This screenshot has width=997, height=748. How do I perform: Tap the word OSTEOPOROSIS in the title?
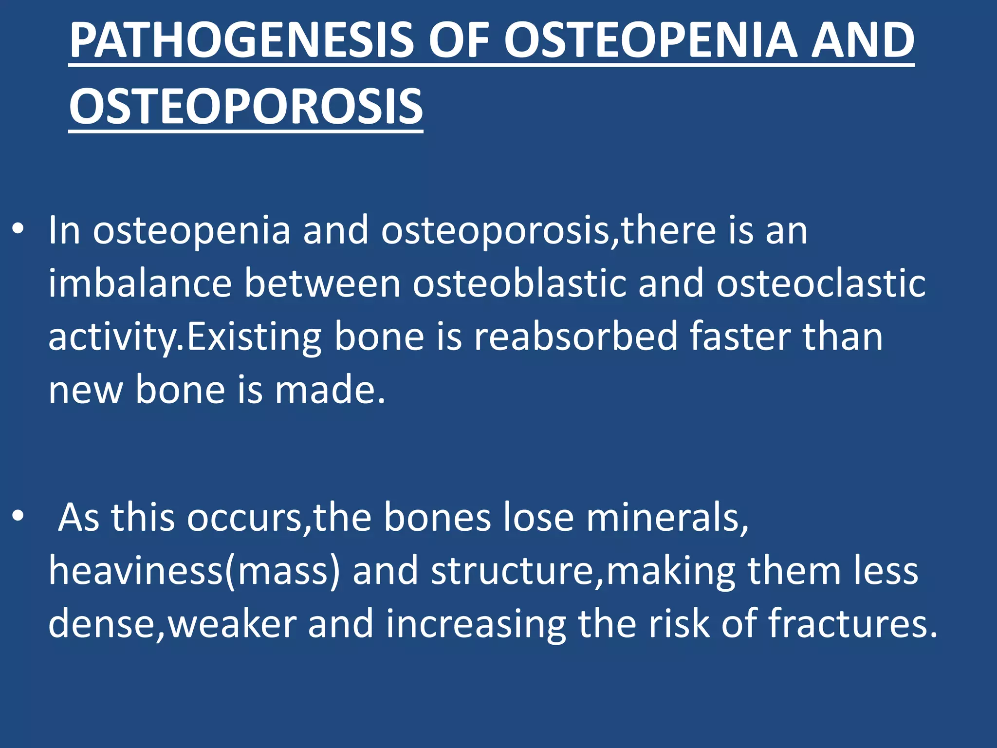(246, 107)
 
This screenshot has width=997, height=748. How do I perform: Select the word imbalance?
(140, 284)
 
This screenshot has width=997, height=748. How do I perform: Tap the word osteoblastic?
(519, 284)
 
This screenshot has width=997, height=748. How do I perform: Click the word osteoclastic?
(821, 284)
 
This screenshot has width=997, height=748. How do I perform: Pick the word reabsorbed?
(576, 337)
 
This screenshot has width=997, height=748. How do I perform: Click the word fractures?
(852, 624)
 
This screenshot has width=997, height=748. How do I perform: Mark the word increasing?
(476, 624)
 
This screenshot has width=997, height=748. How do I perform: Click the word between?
(322, 284)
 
